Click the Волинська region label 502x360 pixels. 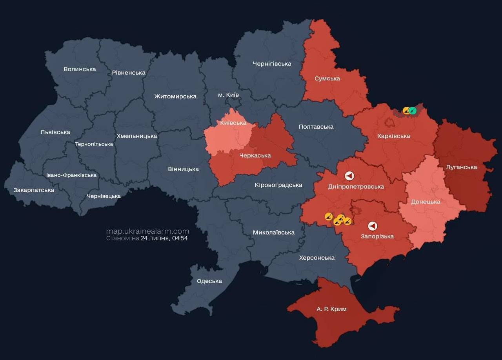pos(80,69)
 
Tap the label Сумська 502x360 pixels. pos(327,78)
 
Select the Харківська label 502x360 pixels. pos(393,136)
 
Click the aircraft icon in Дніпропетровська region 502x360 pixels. pos(349,176)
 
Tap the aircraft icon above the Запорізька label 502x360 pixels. pos(373,226)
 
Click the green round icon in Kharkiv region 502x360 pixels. pos(413,111)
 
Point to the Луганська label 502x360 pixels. pos(461,167)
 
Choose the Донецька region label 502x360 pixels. pos(426,202)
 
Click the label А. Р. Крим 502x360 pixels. pos(331,309)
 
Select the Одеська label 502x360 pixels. pos(209,281)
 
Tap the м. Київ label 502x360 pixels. pos(228,95)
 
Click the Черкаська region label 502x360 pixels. pos(255,155)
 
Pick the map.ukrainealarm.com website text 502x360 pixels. pos(147,231)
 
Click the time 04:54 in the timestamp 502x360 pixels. pos(180,238)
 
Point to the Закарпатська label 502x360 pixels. pos(34,190)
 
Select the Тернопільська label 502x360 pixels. pos(94,144)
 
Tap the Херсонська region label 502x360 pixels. pos(316,258)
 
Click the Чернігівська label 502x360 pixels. pos(272,64)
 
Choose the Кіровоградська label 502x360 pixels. pos(278,185)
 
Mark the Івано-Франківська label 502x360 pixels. pos(71,175)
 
